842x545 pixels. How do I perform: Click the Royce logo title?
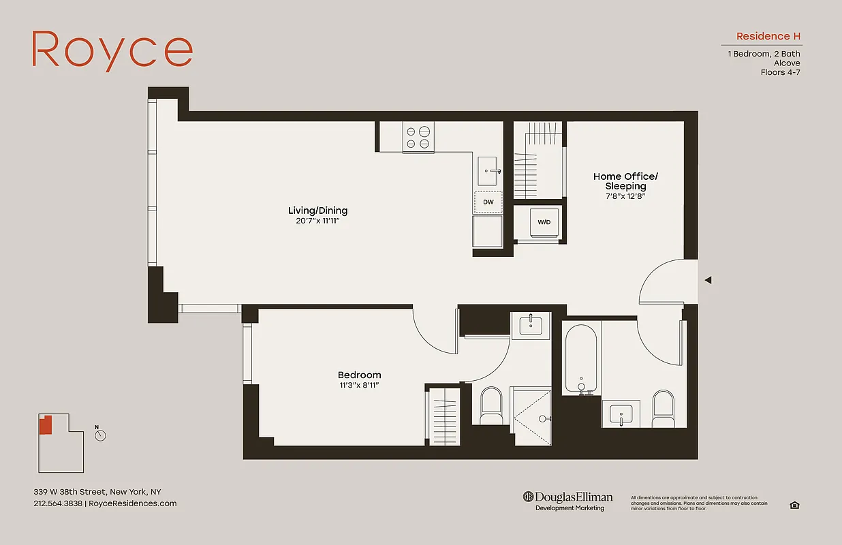pos(112,50)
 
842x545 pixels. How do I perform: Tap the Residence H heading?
pos(768,36)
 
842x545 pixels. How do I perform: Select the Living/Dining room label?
pos(317,211)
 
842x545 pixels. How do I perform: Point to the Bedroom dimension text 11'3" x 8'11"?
pos(358,386)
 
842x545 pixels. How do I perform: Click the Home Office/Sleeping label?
pos(625,181)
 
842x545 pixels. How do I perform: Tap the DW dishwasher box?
pos(488,202)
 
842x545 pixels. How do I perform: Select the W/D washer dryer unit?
pos(544,221)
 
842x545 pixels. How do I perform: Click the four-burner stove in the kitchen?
pos(418,136)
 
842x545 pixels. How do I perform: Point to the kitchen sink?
pos(488,170)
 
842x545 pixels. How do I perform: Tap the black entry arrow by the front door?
pos(708,280)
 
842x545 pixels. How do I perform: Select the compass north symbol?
pos(100,435)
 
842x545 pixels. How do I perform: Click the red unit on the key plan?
pos(45,425)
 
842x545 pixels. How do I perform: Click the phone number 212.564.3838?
pos(58,503)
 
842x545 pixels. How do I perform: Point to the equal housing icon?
pos(794,505)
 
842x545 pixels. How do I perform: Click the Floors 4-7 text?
pos(780,72)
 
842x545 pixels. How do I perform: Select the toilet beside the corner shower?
pos(491,405)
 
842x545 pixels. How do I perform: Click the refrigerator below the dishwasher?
pos(488,232)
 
